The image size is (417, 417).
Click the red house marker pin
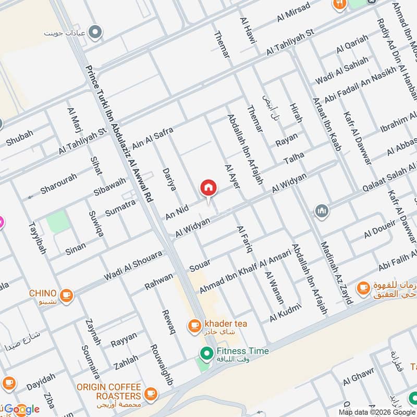(x=208, y=188)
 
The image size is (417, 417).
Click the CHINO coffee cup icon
(x=66, y=296)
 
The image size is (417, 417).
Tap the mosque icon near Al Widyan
(x=321, y=211)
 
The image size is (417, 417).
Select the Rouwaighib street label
(x=161, y=365)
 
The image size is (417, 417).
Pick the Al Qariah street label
(x=352, y=43)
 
